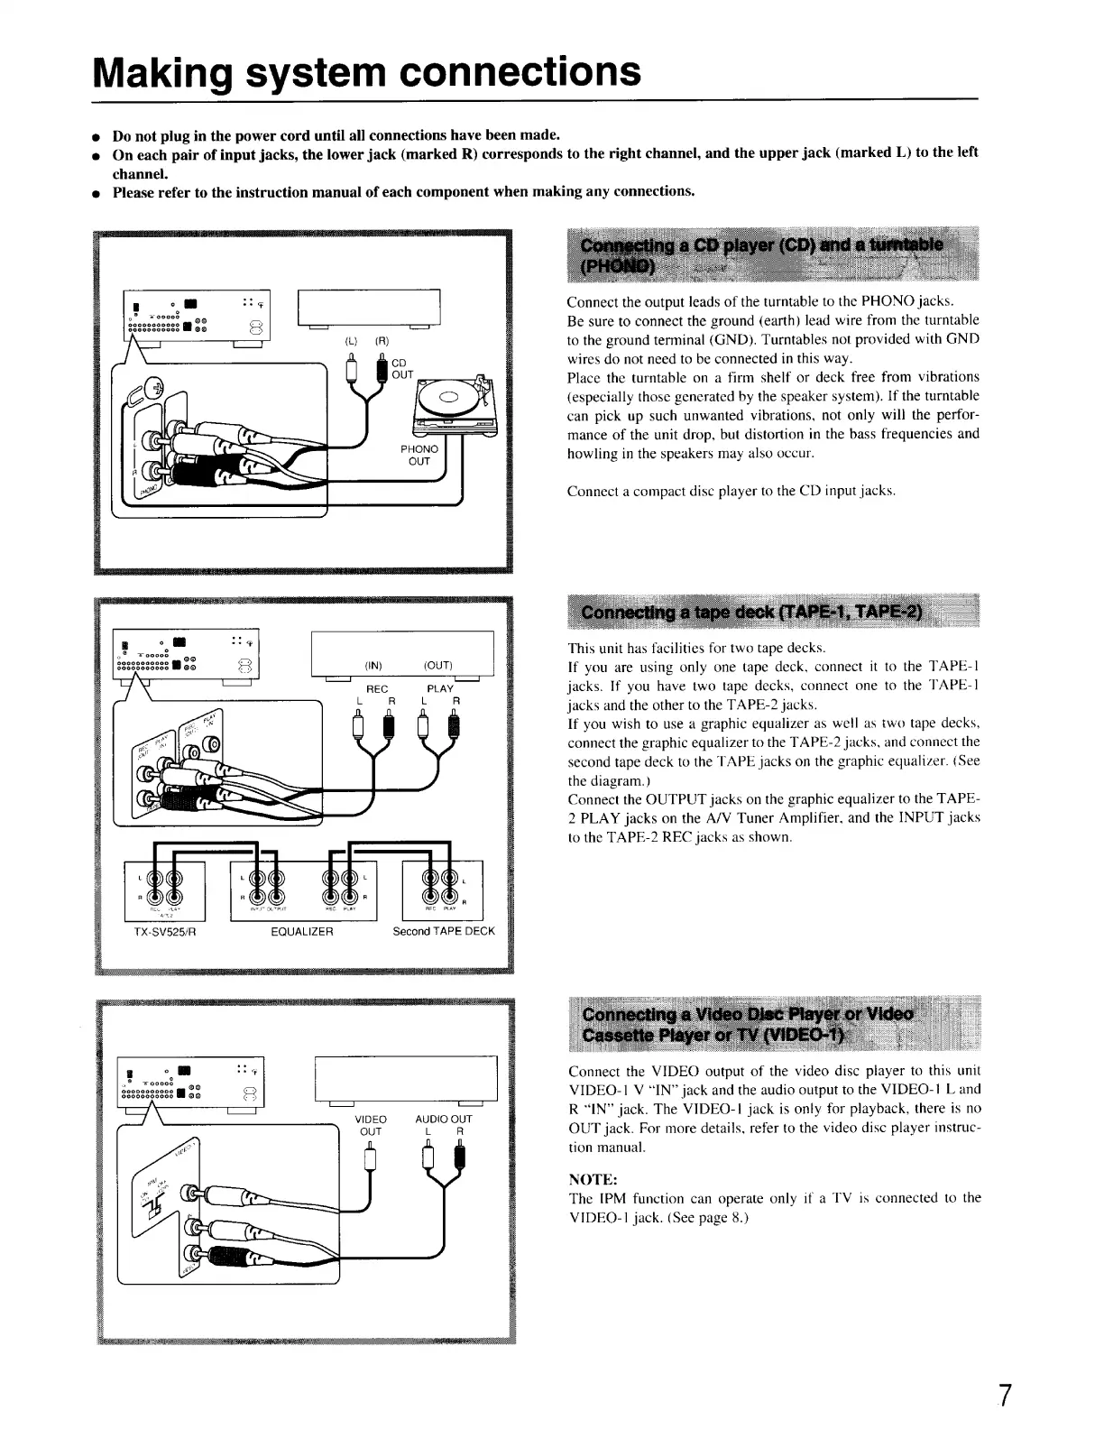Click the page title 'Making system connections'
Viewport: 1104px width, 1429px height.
[x=367, y=69]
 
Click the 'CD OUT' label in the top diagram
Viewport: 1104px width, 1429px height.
[x=402, y=369]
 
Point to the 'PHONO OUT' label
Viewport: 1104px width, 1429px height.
[x=419, y=455]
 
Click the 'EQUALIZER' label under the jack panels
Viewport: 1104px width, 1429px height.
[x=302, y=931]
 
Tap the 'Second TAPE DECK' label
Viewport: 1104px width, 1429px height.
[x=444, y=931]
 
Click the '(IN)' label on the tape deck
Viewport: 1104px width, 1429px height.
[x=373, y=666]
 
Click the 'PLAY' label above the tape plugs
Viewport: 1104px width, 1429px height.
[x=440, y=688]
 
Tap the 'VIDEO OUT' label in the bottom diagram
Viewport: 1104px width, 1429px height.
[x=371, y=1125]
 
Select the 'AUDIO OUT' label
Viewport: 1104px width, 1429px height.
[x=443, y=1119]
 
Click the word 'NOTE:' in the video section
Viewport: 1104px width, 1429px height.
[x=593, y=1179]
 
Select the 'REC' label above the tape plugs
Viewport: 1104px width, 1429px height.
[x=376, y=688]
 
